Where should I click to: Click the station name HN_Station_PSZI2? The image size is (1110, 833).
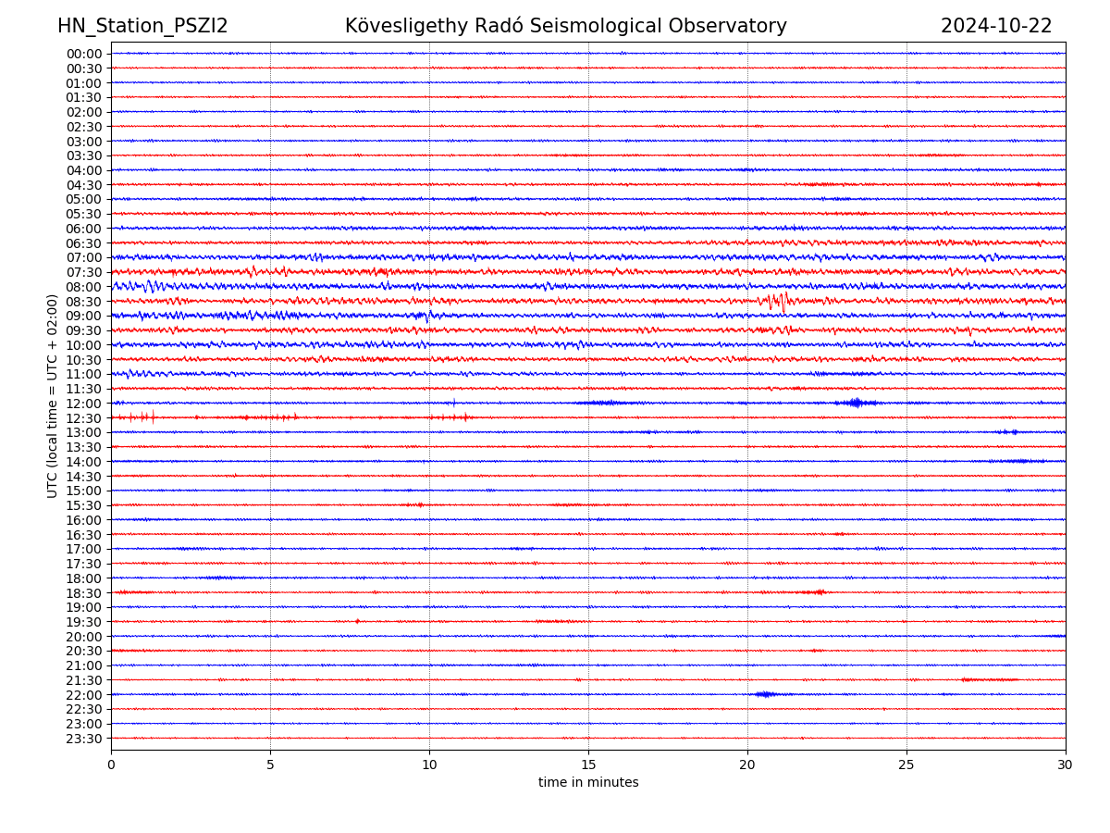coord(142,26)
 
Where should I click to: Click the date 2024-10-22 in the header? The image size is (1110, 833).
coord(996,26)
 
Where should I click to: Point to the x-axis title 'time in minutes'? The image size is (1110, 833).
coord(588,782)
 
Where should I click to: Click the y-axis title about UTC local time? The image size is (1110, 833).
coord(53,395)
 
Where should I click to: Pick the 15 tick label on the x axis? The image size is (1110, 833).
coord(588,765)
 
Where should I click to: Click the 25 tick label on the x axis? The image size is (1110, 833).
coord(906,765)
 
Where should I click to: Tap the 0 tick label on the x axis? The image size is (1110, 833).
coord(111,765)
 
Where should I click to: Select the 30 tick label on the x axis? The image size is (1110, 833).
coord(1066,765)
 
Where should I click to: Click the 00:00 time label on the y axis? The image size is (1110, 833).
coord(83,54)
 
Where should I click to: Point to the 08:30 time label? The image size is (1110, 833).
coord(83,302)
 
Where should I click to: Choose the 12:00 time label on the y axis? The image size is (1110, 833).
coord(83,404)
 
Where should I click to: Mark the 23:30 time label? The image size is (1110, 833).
coord(83,739)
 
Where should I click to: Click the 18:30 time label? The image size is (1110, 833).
coord(83,593)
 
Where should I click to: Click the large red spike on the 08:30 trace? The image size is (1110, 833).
coord(783,301)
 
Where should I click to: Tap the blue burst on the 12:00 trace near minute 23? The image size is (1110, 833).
coord(857,403)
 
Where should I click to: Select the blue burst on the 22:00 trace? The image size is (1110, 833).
coord(765,694)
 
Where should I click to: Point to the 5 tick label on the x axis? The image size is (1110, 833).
coord(270,765)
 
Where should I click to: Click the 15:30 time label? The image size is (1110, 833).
coord(83,505)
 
